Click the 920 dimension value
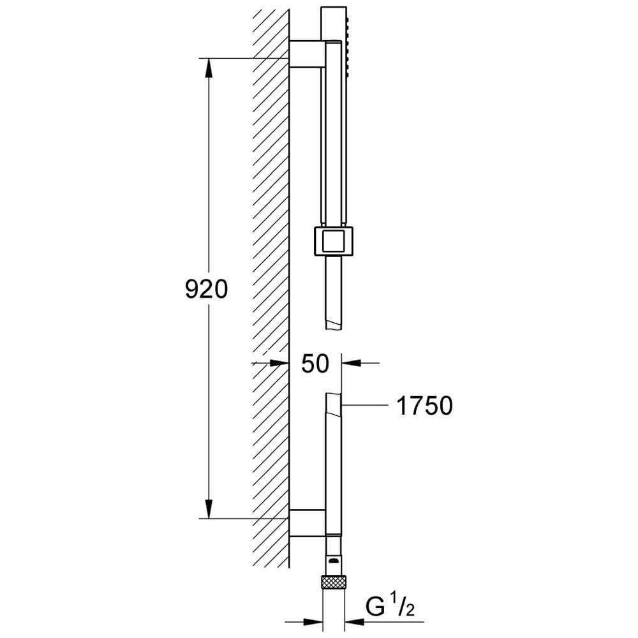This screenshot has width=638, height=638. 206,290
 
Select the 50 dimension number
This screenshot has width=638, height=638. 315,364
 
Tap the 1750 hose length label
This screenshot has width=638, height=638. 424,405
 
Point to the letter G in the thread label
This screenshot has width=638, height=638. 375,608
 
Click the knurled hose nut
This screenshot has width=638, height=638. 334,581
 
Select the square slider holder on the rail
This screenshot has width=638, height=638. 334,241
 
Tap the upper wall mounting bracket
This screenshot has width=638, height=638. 308,54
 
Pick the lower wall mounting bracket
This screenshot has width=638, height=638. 308,523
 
